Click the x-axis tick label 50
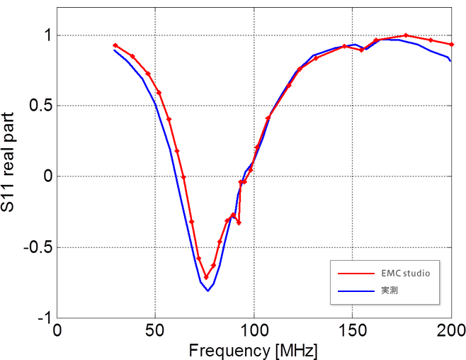pos(155,331)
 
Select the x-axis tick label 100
pos(254,331)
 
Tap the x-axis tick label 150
pos(352,331)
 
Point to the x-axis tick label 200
pos(450,331)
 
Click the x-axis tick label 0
pos(57,331)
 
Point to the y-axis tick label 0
pos(46,176)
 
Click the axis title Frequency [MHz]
pos(253,350)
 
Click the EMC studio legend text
pos(405,272)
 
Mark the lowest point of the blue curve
pos(208,291)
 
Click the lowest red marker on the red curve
pos(206,277)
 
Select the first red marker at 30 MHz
pos(115,45)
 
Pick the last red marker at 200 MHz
pos(451,44)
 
